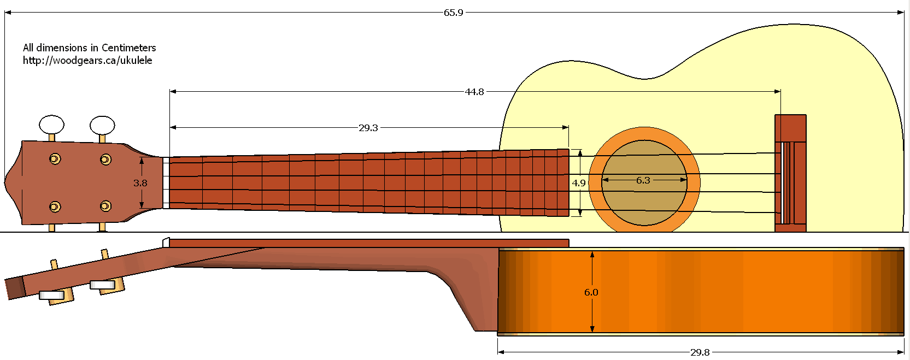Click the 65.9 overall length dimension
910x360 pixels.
(453, 13)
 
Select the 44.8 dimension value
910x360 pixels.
(474, 92)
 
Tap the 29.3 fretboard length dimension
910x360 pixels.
(368, 128)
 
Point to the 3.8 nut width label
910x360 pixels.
(140, 183)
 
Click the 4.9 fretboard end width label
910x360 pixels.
(579, 183)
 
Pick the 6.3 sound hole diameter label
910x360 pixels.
(643, 180)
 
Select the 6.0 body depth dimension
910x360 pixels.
(591, 292)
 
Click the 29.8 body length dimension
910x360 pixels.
(700, 352)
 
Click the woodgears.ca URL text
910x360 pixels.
(87, 61)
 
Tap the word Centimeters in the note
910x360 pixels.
(128, 48)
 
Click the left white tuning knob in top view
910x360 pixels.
(52, 125)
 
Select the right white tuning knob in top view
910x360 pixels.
(102, 125)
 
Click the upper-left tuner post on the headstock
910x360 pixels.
(55, 159)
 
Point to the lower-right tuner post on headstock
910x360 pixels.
(105, 206)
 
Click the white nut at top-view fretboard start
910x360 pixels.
(166, 183)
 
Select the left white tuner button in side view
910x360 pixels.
(51, 296)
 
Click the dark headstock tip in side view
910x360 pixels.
(15, 288)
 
